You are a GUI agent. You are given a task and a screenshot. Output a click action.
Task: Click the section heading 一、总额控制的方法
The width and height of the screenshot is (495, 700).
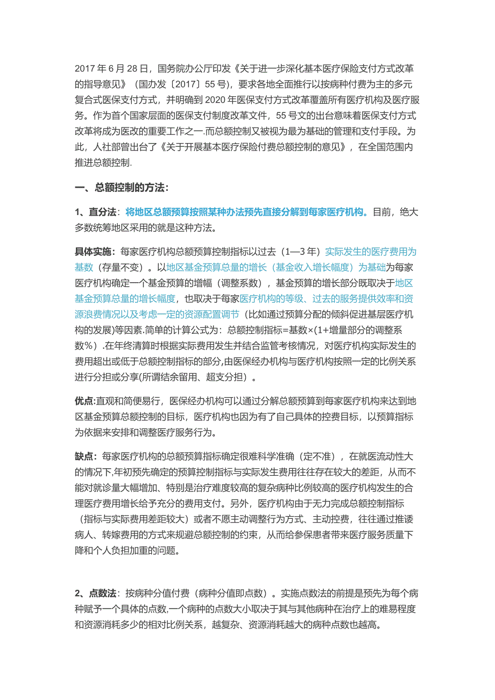point(122,187)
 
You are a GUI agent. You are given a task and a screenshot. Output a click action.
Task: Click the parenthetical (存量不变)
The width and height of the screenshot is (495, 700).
point(122,267)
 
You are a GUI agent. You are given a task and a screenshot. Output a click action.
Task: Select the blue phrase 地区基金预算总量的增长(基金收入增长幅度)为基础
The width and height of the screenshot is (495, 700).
point(276,267)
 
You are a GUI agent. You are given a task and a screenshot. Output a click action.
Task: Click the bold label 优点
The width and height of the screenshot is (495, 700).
point(83,401)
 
